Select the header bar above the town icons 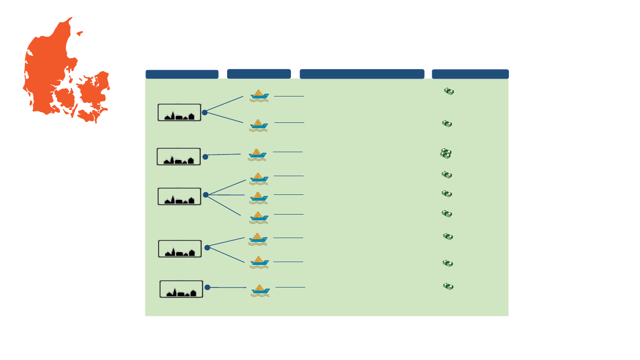[x=182, y=74]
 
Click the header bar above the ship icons [x=259, y=74]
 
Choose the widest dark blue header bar [x=362, y=74]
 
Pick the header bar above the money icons [x=470, y=74]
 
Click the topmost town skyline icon [x=179, y=113]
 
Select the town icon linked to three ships [x=179, y=196]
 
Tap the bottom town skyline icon [x=181, y=289]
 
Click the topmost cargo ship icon [x=259, y=95]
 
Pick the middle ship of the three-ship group [x=259, y=197]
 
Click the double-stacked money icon [x=446, y=154]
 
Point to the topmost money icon [x=449, y=91]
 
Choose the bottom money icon [x=448, y=287]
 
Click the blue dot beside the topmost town [x=205, y=112]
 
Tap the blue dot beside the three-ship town [x=205, y=195]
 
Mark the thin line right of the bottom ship [x=290, y=287]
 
